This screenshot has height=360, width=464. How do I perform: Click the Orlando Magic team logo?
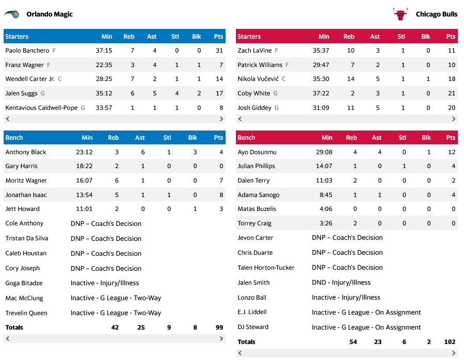click(x=12, y=14)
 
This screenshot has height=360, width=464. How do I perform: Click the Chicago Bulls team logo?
click(x=400, y=14)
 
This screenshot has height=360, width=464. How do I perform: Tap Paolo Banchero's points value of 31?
click(x=219, y=51)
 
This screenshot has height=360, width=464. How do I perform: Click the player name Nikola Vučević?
click(x=258, y=79)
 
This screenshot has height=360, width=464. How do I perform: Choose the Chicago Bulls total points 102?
click(x=450, y=342)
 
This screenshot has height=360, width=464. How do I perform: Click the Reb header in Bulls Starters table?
click(x=349, y=37)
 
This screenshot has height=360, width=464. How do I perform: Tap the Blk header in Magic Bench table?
click(x=193, y=138)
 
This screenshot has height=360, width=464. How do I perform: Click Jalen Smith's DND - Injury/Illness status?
click(x=341, y=283)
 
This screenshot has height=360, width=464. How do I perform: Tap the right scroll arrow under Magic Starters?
click(x=221, y=119)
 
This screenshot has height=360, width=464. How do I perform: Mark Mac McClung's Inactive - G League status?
click(x=116, y=298)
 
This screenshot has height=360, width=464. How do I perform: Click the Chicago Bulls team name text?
click(x=437, y=14)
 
